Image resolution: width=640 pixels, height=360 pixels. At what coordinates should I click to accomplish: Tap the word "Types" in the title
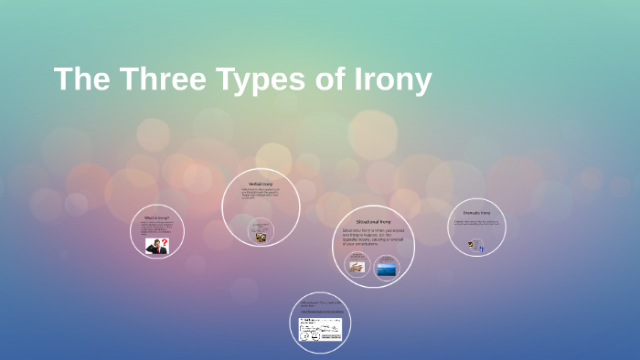point(261,79)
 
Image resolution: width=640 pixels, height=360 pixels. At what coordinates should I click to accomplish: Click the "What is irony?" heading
point(156,218)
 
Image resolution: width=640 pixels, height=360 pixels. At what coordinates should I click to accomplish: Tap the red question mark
point(165,243)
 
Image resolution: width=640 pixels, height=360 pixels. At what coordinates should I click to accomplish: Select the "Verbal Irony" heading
point(261,185)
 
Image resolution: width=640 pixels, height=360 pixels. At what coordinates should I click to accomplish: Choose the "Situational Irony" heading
point(373,221)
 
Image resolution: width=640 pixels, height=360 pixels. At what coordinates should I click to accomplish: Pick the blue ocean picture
point(387,269)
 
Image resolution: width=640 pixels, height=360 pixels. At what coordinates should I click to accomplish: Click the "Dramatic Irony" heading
point(476,213)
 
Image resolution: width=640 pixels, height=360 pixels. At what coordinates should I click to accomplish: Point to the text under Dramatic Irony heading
point(476,222)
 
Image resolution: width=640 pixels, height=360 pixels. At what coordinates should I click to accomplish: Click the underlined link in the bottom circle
point(319,311)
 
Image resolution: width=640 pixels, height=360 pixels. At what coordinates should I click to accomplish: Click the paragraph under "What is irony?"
point(155,228)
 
